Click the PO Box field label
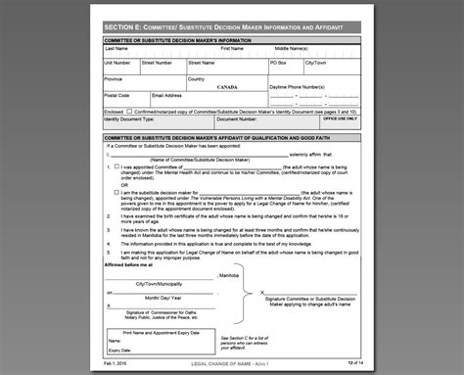[280, 62]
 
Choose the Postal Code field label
[117, 95]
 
